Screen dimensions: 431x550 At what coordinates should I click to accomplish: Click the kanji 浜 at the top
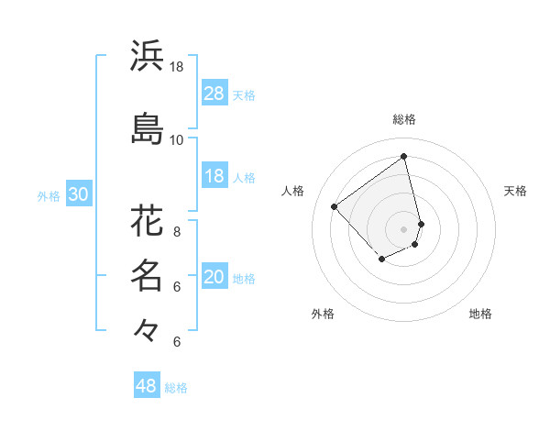click(147, 56)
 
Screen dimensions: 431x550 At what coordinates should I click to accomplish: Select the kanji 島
click(147, 129)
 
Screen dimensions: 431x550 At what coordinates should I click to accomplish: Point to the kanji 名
click(147, 274)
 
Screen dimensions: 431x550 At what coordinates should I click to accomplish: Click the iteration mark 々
click(147, 328)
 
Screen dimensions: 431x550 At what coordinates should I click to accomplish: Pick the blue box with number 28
click(214, 94)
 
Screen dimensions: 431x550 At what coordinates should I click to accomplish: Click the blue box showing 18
click(214, 176)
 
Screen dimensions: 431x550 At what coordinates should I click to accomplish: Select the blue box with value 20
click(214, 277)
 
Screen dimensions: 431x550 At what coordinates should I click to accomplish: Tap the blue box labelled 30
click(78, 194)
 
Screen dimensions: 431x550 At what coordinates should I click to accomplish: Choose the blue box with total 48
click(147, 386)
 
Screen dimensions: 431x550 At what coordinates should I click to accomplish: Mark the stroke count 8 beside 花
click(176, 232)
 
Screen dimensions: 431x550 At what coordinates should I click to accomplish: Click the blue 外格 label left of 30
click(49, 195)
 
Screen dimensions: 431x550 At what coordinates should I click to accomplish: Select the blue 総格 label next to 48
click(176, 388)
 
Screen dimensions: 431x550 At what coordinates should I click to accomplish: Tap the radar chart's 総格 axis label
click(404, 119)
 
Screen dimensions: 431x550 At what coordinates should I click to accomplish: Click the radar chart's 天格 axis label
click(515, 191)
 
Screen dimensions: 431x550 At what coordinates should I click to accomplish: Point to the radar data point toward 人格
click(335, 206)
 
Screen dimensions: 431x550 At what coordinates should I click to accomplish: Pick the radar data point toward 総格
click(404, 156)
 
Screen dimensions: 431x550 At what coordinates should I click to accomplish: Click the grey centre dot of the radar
click(404, 228)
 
